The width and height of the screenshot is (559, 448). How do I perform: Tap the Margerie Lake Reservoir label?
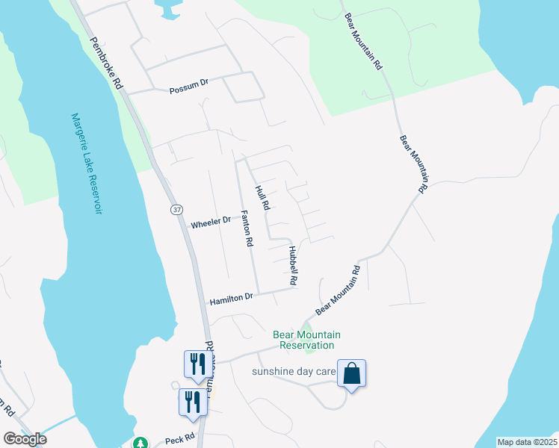coord(87,164)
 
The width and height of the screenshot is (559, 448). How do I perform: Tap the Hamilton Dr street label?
coord(231,297)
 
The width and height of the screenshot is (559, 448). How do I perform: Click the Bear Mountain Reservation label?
coord(306,340)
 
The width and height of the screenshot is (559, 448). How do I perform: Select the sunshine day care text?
coord(291,372)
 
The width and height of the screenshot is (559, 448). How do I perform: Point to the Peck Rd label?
coord(179,437)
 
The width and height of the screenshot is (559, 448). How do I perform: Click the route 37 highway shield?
coord(176,210)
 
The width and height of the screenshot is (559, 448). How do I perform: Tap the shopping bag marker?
coord(351,373)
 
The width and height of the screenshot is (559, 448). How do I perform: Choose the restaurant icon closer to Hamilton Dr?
coord(194,364)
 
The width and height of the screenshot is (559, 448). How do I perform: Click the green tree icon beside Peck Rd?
coord(139,442)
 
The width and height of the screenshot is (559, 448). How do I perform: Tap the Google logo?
coord(25,439)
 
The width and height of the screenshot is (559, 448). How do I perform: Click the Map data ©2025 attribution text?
coord(526,442)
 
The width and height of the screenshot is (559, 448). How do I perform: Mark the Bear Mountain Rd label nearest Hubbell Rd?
coord(338,289)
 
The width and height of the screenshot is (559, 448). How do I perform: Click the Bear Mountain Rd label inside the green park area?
coord(362,41)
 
